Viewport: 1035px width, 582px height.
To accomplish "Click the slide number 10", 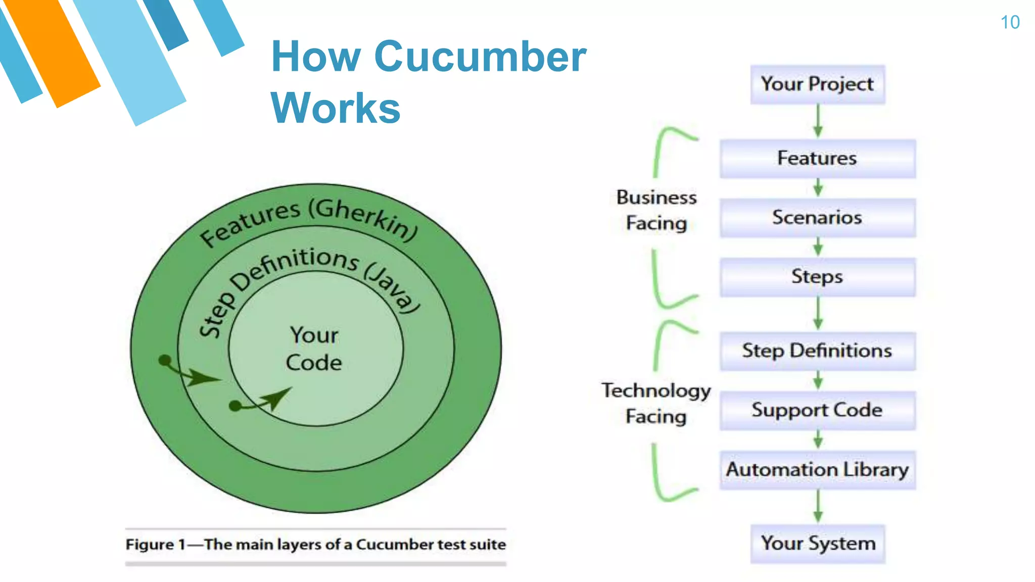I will tap(1010, 22).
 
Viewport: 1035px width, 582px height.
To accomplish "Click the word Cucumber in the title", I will tap(480, 57).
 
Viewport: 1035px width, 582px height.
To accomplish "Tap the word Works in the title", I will tap(336, 108).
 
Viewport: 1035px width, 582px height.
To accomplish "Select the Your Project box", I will tap(817, 84).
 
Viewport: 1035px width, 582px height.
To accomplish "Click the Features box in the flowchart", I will tap(817, 159).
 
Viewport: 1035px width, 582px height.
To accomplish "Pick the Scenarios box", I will tap(817, 218).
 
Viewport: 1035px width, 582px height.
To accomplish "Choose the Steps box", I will tap(817, 277).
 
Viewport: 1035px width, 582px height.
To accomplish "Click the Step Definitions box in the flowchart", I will tap(817, 351).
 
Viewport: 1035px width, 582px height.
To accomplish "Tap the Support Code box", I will tap(817, 410).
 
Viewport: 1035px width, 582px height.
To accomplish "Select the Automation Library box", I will tap(817, 470).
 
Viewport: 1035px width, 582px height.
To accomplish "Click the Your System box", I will tap(817, 544).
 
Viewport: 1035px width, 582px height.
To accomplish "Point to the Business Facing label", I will tap(656, 210).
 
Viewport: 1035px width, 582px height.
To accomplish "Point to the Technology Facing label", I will tap(656, 403).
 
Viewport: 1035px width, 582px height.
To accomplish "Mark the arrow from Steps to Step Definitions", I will tap(818, 314).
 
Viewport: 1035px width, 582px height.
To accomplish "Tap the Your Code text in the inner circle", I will tap(314, 349).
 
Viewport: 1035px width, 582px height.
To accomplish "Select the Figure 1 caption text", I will tap(315, 545).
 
